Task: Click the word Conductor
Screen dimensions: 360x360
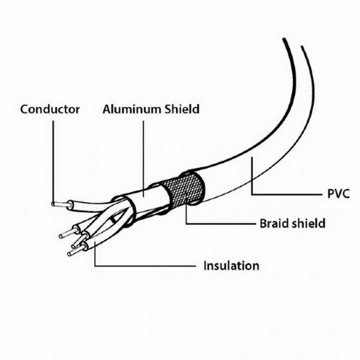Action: coord(50,109)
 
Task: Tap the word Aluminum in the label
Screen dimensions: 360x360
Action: coord(131,109)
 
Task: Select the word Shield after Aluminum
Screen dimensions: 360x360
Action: coord(181,109)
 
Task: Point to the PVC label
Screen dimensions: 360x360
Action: coord(338,194)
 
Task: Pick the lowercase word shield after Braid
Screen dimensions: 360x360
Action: coord(306,223)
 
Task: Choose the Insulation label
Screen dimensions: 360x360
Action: coord(232,266)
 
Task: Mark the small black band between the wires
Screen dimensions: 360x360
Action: coord(113,220)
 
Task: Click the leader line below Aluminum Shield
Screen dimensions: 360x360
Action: coord(144,158)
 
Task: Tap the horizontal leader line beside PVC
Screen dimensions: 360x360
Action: coord(287,194)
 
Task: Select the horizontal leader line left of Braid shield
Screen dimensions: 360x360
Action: coord(221,223)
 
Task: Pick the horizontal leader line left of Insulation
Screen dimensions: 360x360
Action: coord(145,266)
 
